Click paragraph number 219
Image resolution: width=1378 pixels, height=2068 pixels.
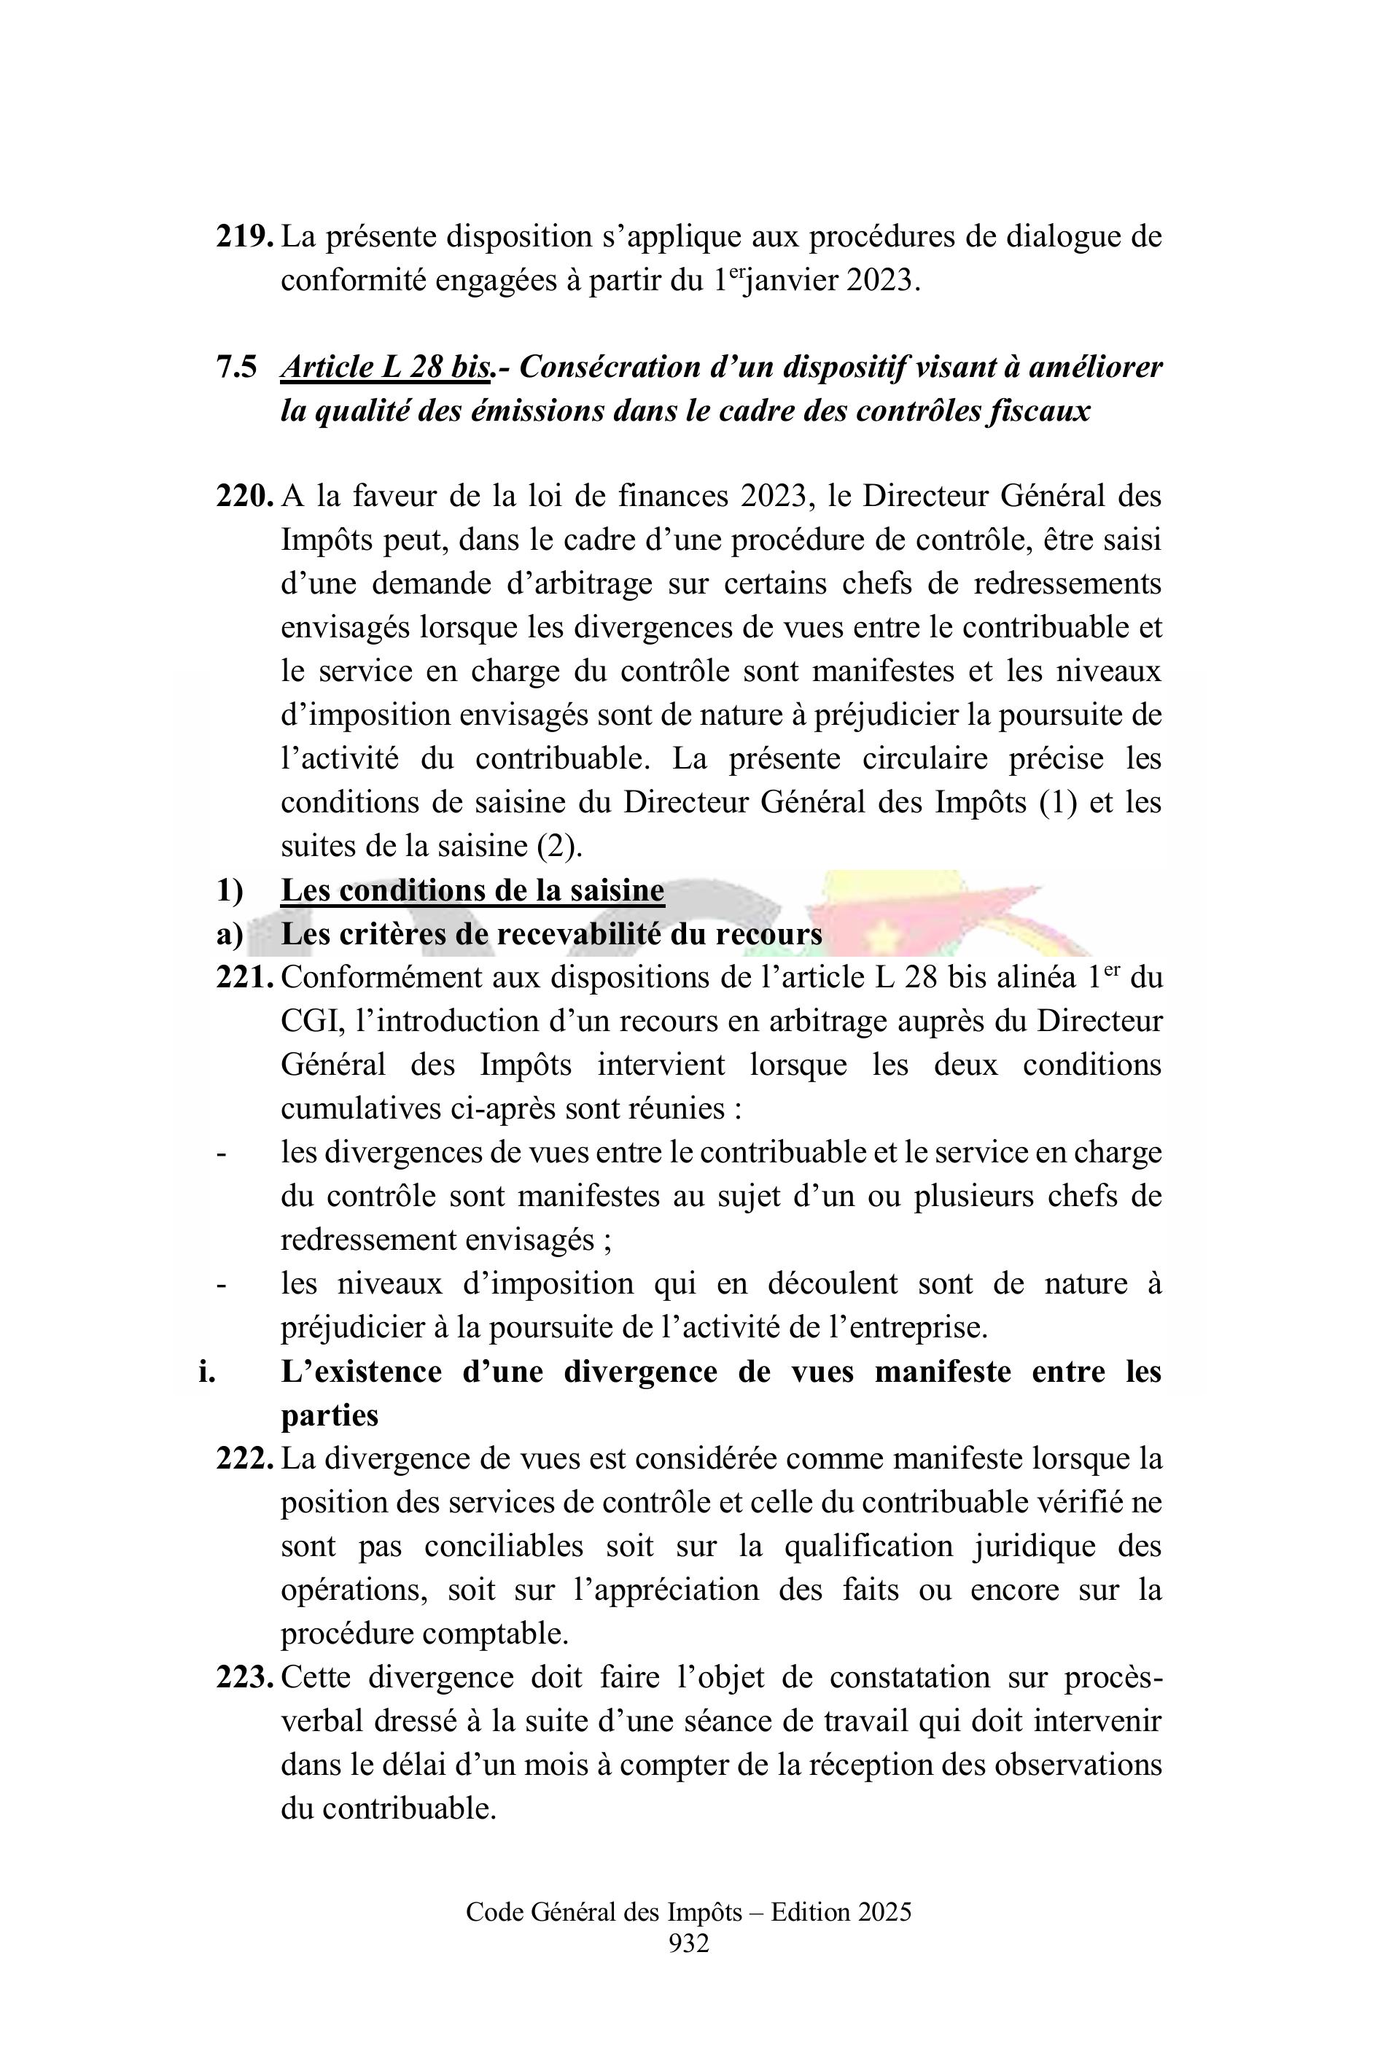(x=244, y=236)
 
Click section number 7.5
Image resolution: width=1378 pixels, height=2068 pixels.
(x=236, y=367)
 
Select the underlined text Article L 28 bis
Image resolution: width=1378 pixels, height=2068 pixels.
(x=385, y=367)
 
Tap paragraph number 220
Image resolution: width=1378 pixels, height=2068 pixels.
(x=244, y=497)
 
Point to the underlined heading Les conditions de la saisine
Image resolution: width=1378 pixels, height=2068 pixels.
(x=472, y=890)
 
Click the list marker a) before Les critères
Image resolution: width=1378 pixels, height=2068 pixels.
(x=230, y=934)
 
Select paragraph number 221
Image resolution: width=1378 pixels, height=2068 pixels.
(x=244, y=977)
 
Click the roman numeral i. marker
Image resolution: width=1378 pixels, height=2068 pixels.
(x=206, y=1372)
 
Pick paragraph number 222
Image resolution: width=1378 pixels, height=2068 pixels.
(x=244, y=1459)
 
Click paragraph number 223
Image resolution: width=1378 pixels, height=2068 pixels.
(x=244, y=1678)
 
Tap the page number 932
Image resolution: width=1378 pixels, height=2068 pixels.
(x=688, y=1943)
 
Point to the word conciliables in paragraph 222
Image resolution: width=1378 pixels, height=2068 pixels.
(x=504, y=1547)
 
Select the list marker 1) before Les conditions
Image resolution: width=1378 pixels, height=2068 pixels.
(x=230, y=890)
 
